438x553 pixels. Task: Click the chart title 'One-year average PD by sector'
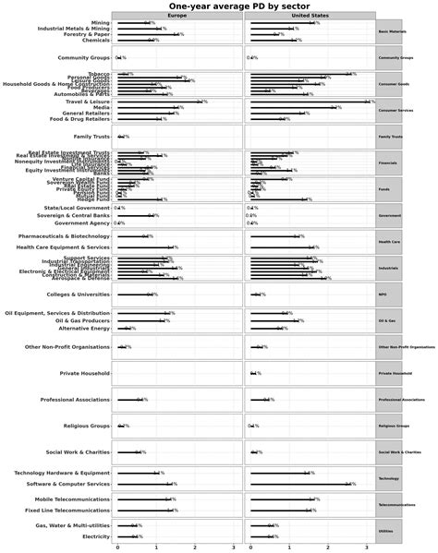pyautogui.click(x=218, y=6)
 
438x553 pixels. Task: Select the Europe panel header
pyautogui.click(x=177, y=16)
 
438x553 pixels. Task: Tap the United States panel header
pyautogui.click(x=310, y=16)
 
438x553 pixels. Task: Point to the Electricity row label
pyautogui.click(x=96, y=535)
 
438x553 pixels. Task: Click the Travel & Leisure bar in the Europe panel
pyautogui.click(x=157, y=102)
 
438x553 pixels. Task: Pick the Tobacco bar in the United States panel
pyautogui.click(x=299, y=73)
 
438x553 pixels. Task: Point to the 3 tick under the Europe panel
pyautogui.click(x=233, y=547)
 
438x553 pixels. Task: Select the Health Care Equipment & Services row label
pyautogui.click(x=76, y=247)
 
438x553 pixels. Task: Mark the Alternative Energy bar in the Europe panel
pyautogui.click(x=135, y=328)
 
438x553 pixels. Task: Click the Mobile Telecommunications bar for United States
pyautogui.click(x=283, y=499)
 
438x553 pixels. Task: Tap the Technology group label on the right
pyautogui.click(x=388, y=478)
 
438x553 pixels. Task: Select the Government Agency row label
pyautogui.click(x=82, y=223)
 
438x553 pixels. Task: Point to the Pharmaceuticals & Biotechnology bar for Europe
pyautogui.click(x=131, y=236)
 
